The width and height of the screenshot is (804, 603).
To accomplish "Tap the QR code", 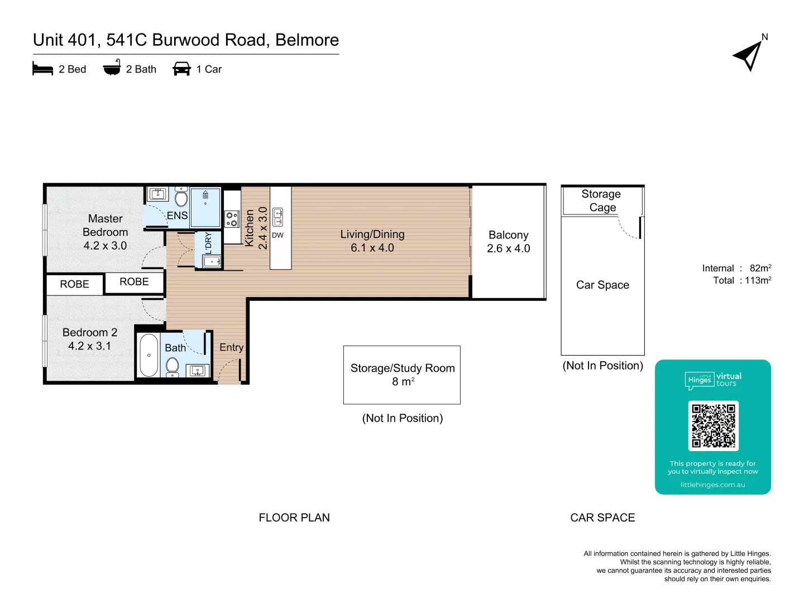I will click(713, 425).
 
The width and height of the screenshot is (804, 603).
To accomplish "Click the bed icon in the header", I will click(42, 69).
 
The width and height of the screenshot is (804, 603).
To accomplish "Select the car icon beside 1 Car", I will click(181, 69).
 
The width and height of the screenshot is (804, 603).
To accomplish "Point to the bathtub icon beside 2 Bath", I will click(112, 68).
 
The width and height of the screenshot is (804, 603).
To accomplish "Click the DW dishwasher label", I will click(277, 235).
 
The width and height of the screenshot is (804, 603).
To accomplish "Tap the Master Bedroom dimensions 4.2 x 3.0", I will click(105, 246).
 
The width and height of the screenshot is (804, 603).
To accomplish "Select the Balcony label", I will click(508, 235).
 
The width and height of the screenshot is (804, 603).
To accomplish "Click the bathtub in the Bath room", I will click(149, 355).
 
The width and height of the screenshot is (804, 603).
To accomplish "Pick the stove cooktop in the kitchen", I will click(232, 219).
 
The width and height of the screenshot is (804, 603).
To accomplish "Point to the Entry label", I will click(231, 347).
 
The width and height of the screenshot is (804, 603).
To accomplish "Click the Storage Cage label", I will click(601, 200).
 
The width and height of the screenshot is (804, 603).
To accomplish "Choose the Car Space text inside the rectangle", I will click(602, 285).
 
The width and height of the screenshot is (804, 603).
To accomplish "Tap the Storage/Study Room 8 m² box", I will click(402, 375).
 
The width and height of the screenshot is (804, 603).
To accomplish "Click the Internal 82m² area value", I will click(760, 268).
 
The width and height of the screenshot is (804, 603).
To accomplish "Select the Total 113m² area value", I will click(758, 280).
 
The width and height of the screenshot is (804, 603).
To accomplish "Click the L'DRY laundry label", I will click(208, 243).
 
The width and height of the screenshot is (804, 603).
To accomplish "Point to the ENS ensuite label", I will click(177, 216).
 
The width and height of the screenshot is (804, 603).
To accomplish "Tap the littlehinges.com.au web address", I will click(712, 485).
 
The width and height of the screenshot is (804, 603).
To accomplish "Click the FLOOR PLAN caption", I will click(294, 518).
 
